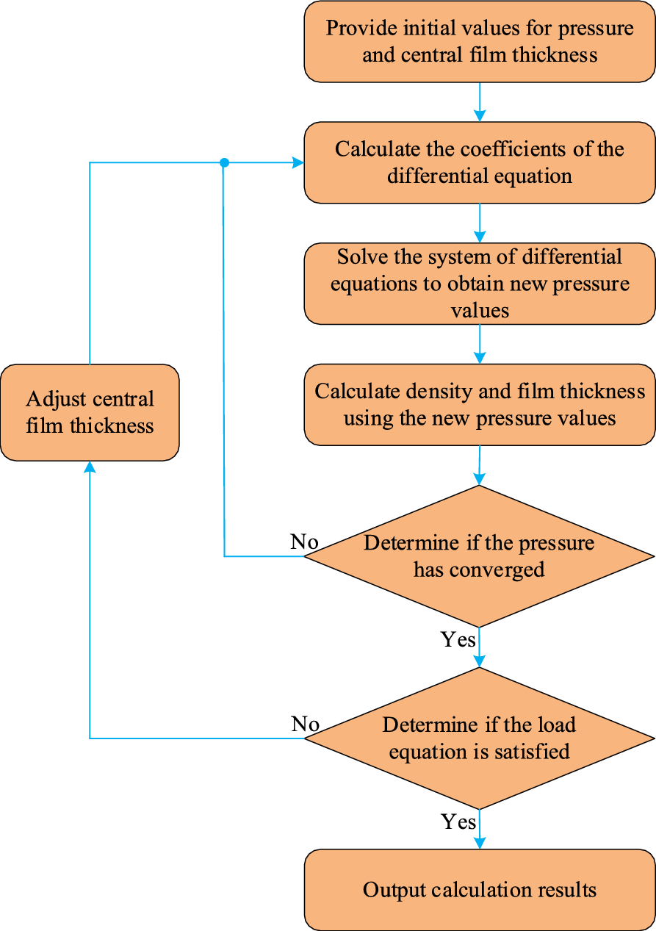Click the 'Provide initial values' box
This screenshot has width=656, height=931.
480,41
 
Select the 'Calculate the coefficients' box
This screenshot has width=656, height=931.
480,162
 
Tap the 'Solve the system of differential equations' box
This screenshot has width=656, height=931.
480,284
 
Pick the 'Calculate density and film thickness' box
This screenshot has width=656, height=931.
480,405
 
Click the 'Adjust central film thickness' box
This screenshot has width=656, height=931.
90,412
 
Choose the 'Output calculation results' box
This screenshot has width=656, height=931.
480,890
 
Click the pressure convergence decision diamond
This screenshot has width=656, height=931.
479,556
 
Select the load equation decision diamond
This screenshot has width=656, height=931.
479,738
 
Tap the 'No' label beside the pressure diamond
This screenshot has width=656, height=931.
304,542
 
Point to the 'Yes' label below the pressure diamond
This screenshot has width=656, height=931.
458,640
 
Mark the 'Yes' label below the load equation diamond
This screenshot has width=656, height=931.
458,822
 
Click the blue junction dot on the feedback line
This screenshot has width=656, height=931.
225,162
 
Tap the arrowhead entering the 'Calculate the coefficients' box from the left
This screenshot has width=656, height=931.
298,162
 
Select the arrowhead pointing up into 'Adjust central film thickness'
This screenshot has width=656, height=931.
90,467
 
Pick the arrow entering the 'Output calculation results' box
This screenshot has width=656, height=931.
480,834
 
